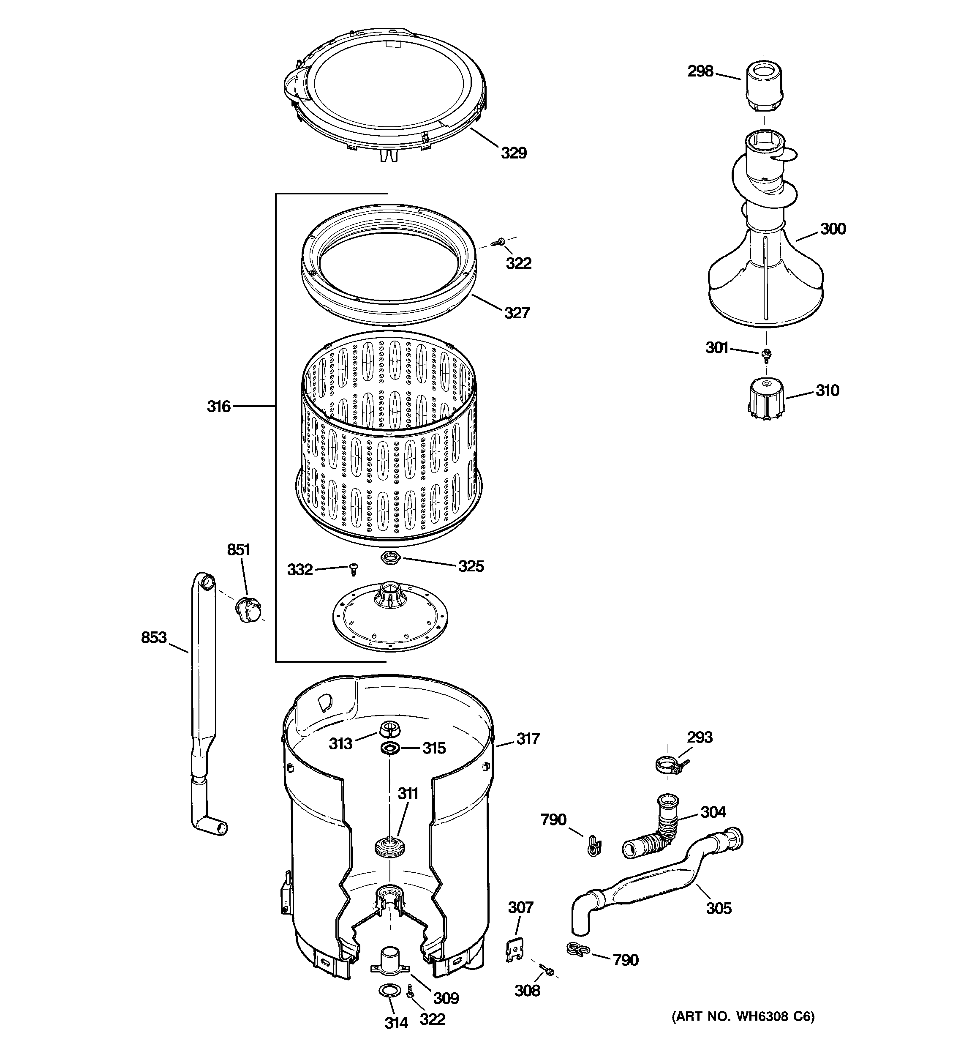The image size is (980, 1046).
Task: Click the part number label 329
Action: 513,153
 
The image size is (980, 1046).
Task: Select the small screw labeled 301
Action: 766,355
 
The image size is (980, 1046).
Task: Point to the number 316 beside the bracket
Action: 218,406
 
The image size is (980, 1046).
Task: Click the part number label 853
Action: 154,638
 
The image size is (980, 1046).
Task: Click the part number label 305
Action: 719,908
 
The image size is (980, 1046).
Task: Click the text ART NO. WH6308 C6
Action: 743,1031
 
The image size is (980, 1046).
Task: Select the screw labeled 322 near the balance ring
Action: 498,242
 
